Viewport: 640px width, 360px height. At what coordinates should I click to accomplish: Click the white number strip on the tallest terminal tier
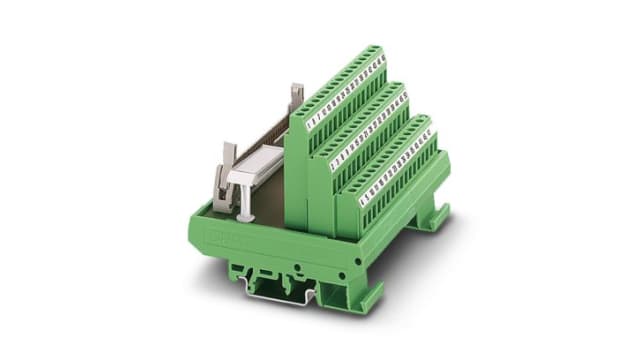(346, 94)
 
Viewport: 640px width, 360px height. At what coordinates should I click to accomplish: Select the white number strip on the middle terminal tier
(371, 128)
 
